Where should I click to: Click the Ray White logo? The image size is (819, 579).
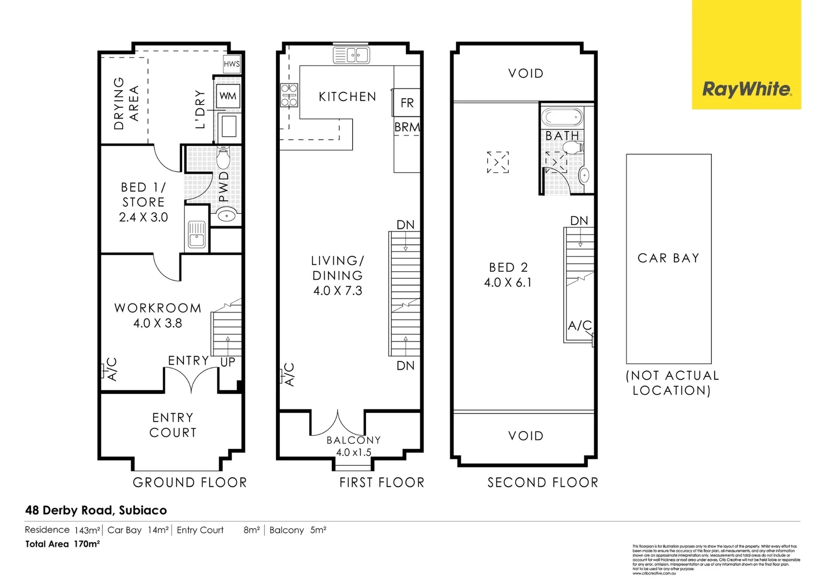pyautogui.click(x=746, y=89)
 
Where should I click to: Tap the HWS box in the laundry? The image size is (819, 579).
pyautogui.click(x=232, y=64)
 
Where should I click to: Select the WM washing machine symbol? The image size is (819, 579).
pyautogui.click(x=228, y=96)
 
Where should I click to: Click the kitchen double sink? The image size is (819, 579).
pyautogui.click(x=351, y=55)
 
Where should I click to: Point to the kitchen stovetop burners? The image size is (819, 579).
pyautogui.click(x=289, y=95)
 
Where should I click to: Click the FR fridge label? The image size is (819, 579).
pyautogui.click(x=407, y=103)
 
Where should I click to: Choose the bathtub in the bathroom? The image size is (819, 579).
pyautogui.click(x=562, y=117)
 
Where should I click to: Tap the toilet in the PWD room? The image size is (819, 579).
pyautogui.click(x=224, y=158)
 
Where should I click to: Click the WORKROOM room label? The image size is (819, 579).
pyautogui.click(x=158, y=308)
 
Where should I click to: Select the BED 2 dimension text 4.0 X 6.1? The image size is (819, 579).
pyautogui.click(x=508, y=283)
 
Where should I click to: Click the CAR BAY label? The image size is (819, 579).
pyautogui.click(x=668, y=258)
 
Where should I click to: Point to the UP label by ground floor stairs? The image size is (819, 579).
pyautogui.click(x=228, y=362)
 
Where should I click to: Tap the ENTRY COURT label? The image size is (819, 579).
pyautogui.click(x=173, y=425)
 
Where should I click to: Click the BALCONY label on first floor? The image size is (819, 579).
pyautogui.click(x=354, y=440)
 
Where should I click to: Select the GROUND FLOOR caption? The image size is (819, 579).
pyautogui.click(x=190, y=482)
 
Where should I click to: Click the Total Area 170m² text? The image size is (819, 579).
pyautogui.click(x=63, y=544)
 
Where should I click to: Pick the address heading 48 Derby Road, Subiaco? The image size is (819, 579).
pyautogui.click(x=96, y=510)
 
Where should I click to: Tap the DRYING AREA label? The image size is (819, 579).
pyautogui.click(x=126, y=103)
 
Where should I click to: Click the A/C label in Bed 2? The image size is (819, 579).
pyautogui.click(x=579, y=325)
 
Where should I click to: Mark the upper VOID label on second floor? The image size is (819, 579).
pyautogui.click(x=525, y=73)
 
